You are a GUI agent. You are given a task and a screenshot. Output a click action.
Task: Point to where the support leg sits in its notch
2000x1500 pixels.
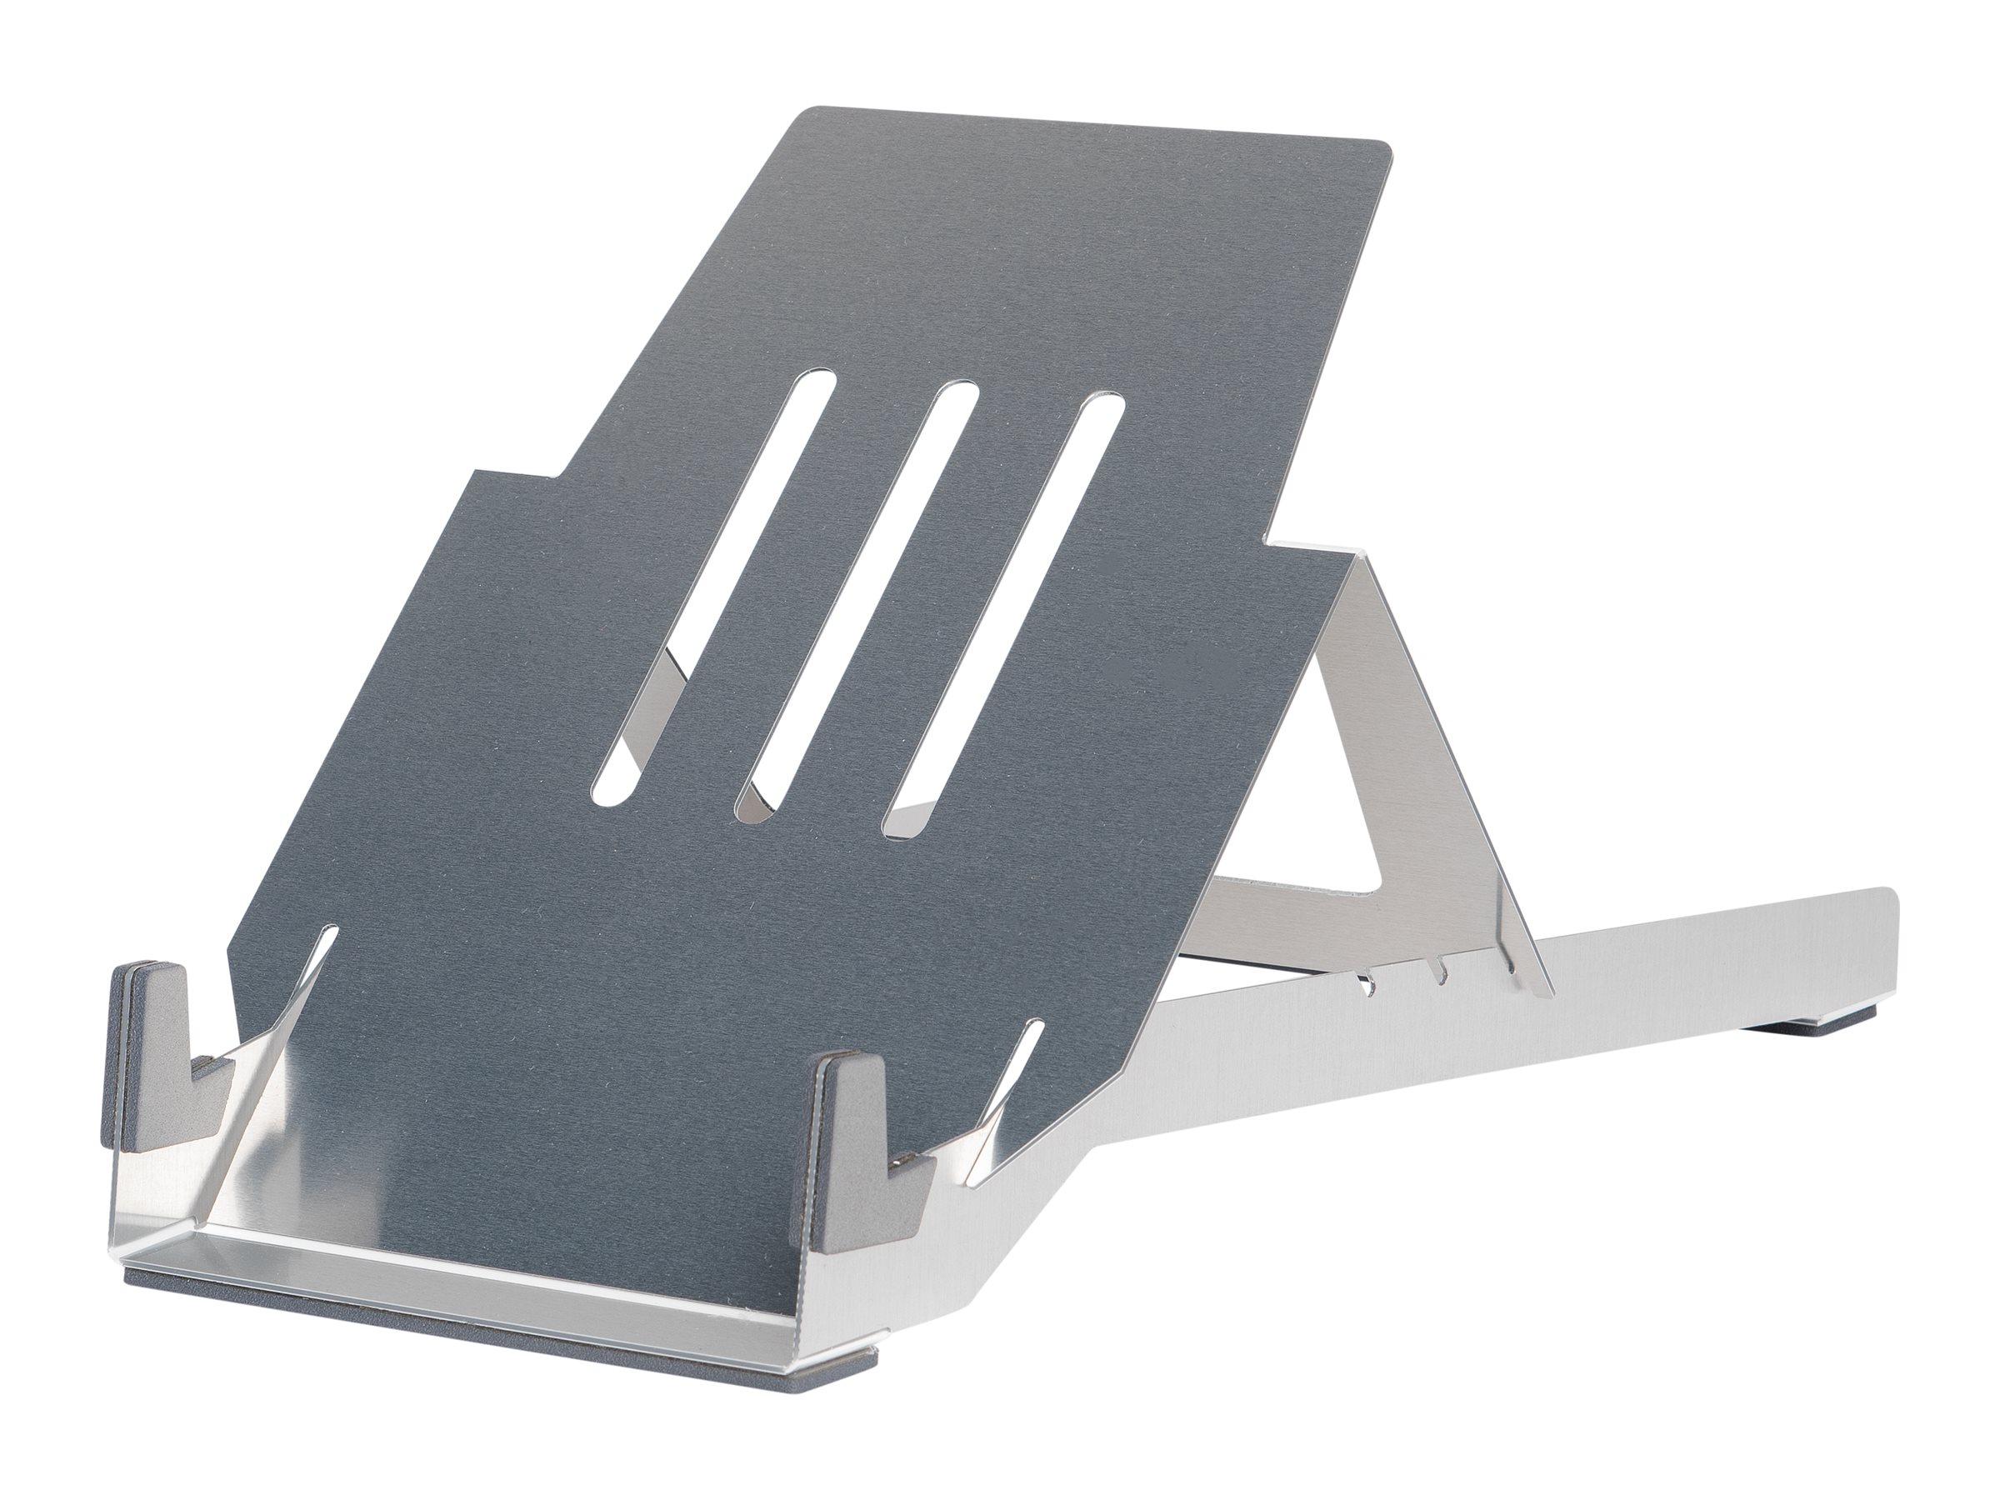point(1511,968)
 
